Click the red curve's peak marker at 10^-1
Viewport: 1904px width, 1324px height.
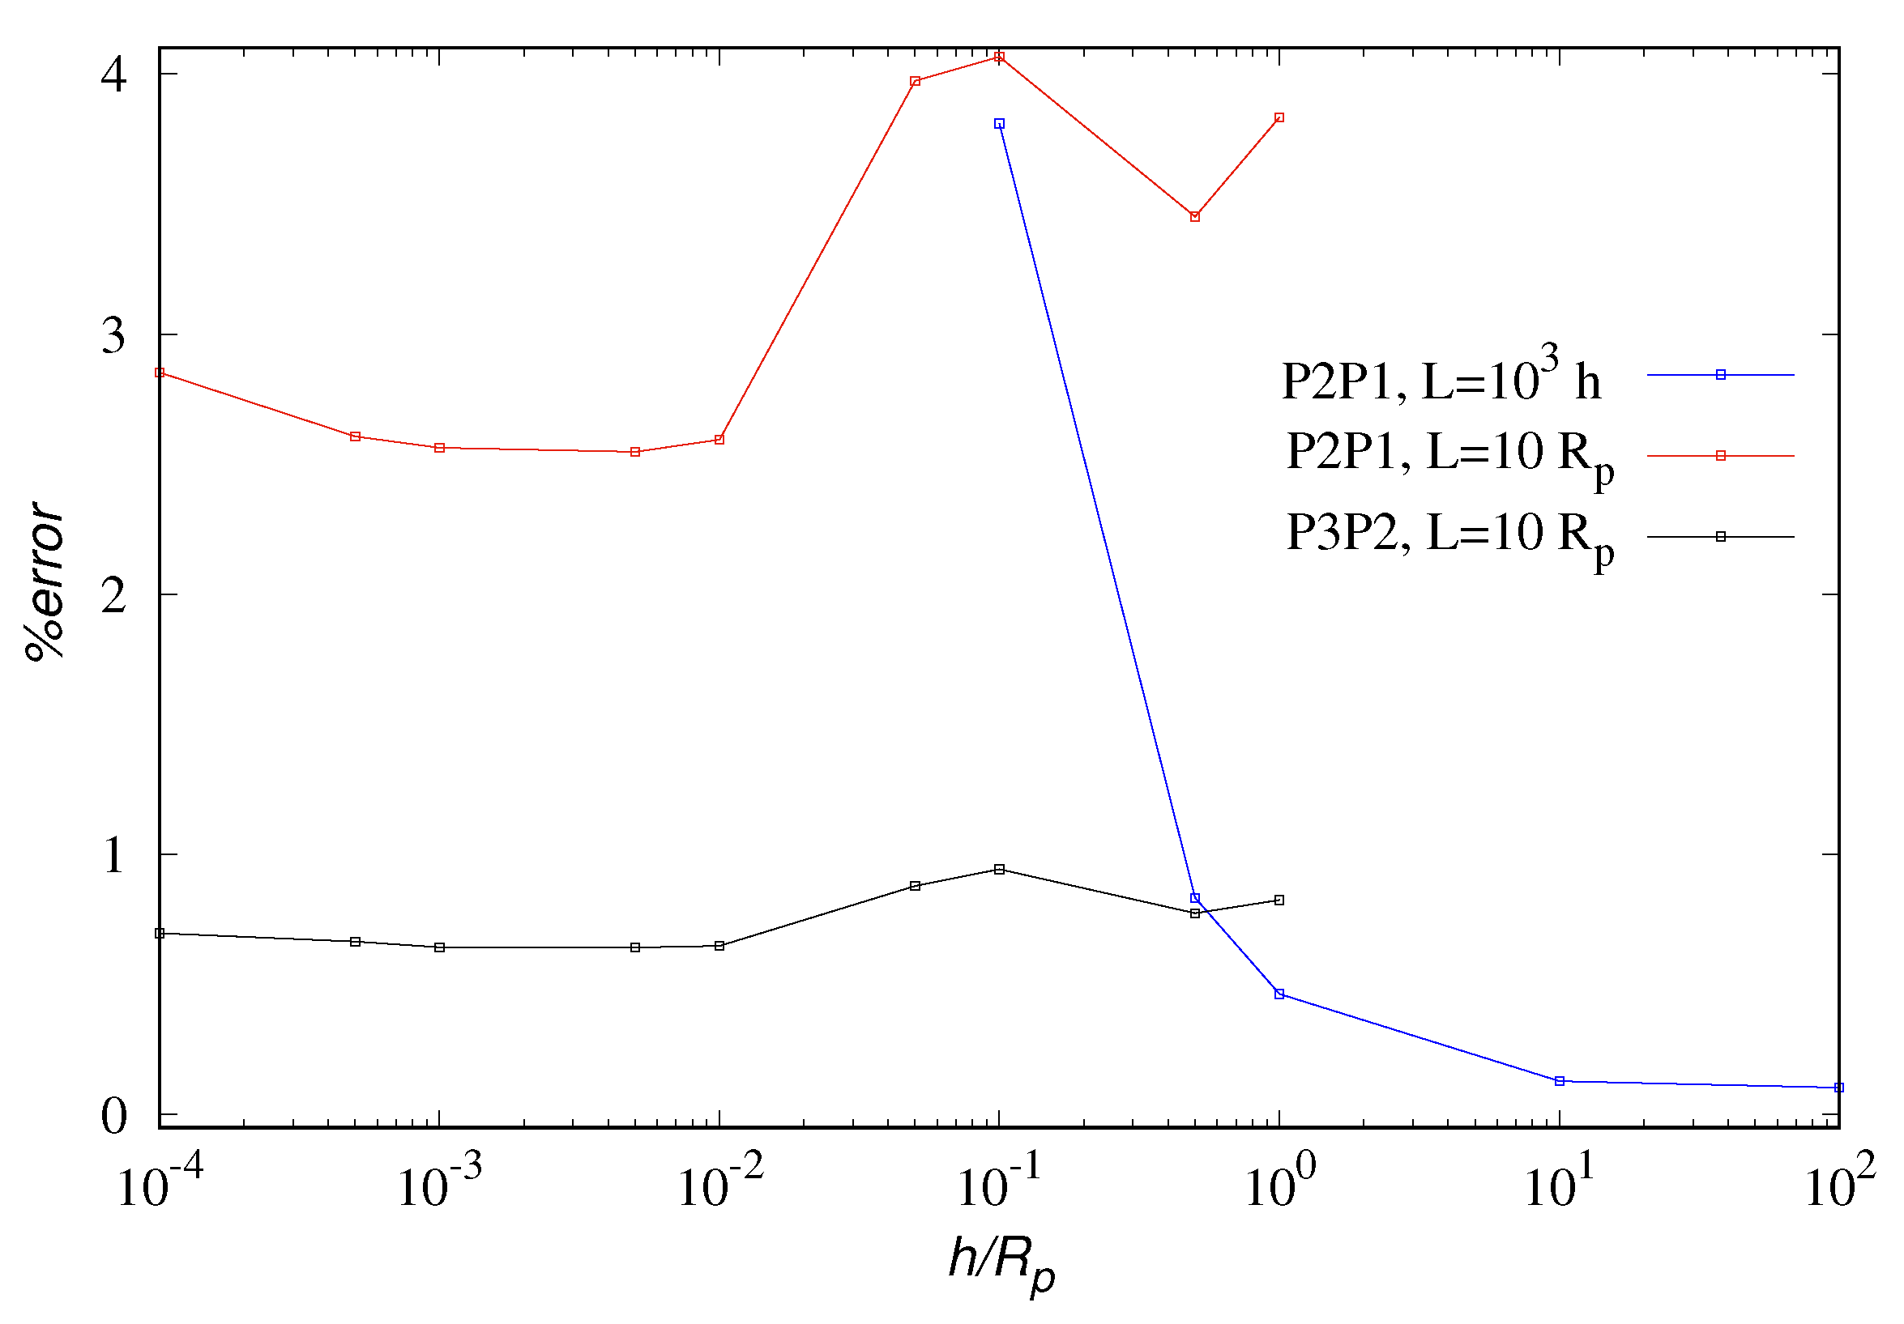click(x=999, y=57)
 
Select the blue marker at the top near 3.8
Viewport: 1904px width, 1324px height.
click(x=999, y=124)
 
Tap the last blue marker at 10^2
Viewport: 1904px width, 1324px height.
click(x=1839, y=1088)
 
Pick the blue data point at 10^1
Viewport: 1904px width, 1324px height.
click(x=1559, y=1081)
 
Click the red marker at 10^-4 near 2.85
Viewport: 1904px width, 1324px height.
click(x=160, y=373)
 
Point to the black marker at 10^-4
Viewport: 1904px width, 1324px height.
click(x=160, y=934)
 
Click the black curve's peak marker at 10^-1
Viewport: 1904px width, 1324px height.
click(x=999, y=869)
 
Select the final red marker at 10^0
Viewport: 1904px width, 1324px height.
click(x=1279, y=117)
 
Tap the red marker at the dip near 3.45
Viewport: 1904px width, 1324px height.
click(x=1195, y=216)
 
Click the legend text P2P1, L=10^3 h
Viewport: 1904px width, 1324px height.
click(x=1441, y=377)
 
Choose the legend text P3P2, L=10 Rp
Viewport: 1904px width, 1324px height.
click(x=1449, y=535)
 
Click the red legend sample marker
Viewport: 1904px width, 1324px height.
click(x=1721, y=455)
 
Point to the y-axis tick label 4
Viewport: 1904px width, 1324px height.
click(x=113, y=75)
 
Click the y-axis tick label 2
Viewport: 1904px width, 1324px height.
click(x=113, y=594)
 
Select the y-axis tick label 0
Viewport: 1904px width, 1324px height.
click(x=113, y=1116)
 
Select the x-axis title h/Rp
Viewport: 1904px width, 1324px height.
click(x=1001, y=1265)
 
